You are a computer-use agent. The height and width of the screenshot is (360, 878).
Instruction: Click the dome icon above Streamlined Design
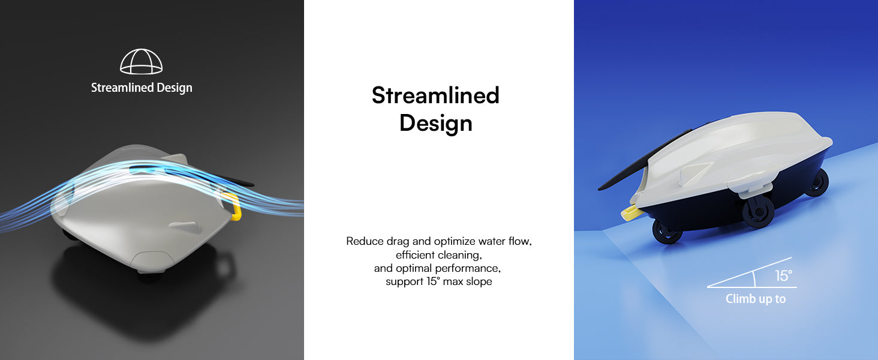point(141,62)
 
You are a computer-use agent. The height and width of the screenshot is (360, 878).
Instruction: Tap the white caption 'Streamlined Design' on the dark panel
point(142,88)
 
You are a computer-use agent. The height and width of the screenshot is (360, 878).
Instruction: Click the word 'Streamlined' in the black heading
point(435,95)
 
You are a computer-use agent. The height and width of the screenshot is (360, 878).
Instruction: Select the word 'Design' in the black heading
point(436,124)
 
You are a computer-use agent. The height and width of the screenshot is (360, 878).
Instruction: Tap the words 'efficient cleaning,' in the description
point(438,255)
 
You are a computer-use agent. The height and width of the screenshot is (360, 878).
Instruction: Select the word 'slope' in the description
point(479,281)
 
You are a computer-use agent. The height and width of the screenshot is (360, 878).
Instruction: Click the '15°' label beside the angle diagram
point(783,275)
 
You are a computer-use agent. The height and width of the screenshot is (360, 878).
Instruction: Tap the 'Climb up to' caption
point(756,299)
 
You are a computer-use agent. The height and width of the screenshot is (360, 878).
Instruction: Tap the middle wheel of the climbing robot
point(759,212)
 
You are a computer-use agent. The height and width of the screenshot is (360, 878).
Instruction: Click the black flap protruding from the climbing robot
point(643,161)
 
